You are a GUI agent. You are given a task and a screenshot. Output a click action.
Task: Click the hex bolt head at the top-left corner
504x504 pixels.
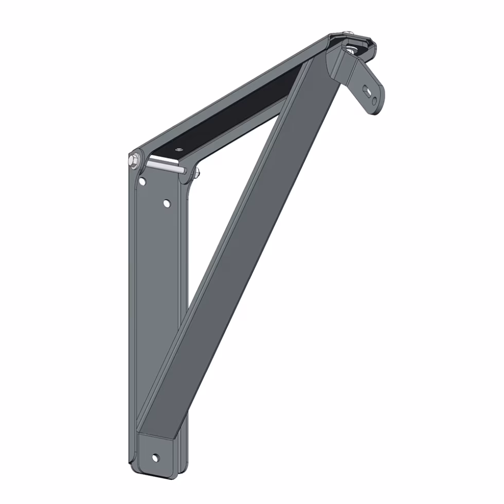point(135,160)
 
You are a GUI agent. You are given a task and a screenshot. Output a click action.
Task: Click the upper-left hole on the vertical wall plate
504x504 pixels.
point(142,181)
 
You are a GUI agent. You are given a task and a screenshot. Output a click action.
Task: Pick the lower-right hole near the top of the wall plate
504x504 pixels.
point(167,204)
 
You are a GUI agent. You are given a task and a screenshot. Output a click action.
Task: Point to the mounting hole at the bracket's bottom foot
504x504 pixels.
point(155,457)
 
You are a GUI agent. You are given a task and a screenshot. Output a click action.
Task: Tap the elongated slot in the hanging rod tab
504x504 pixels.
point(367,91)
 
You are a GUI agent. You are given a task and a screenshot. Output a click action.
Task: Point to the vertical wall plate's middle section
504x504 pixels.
point(154,309)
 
